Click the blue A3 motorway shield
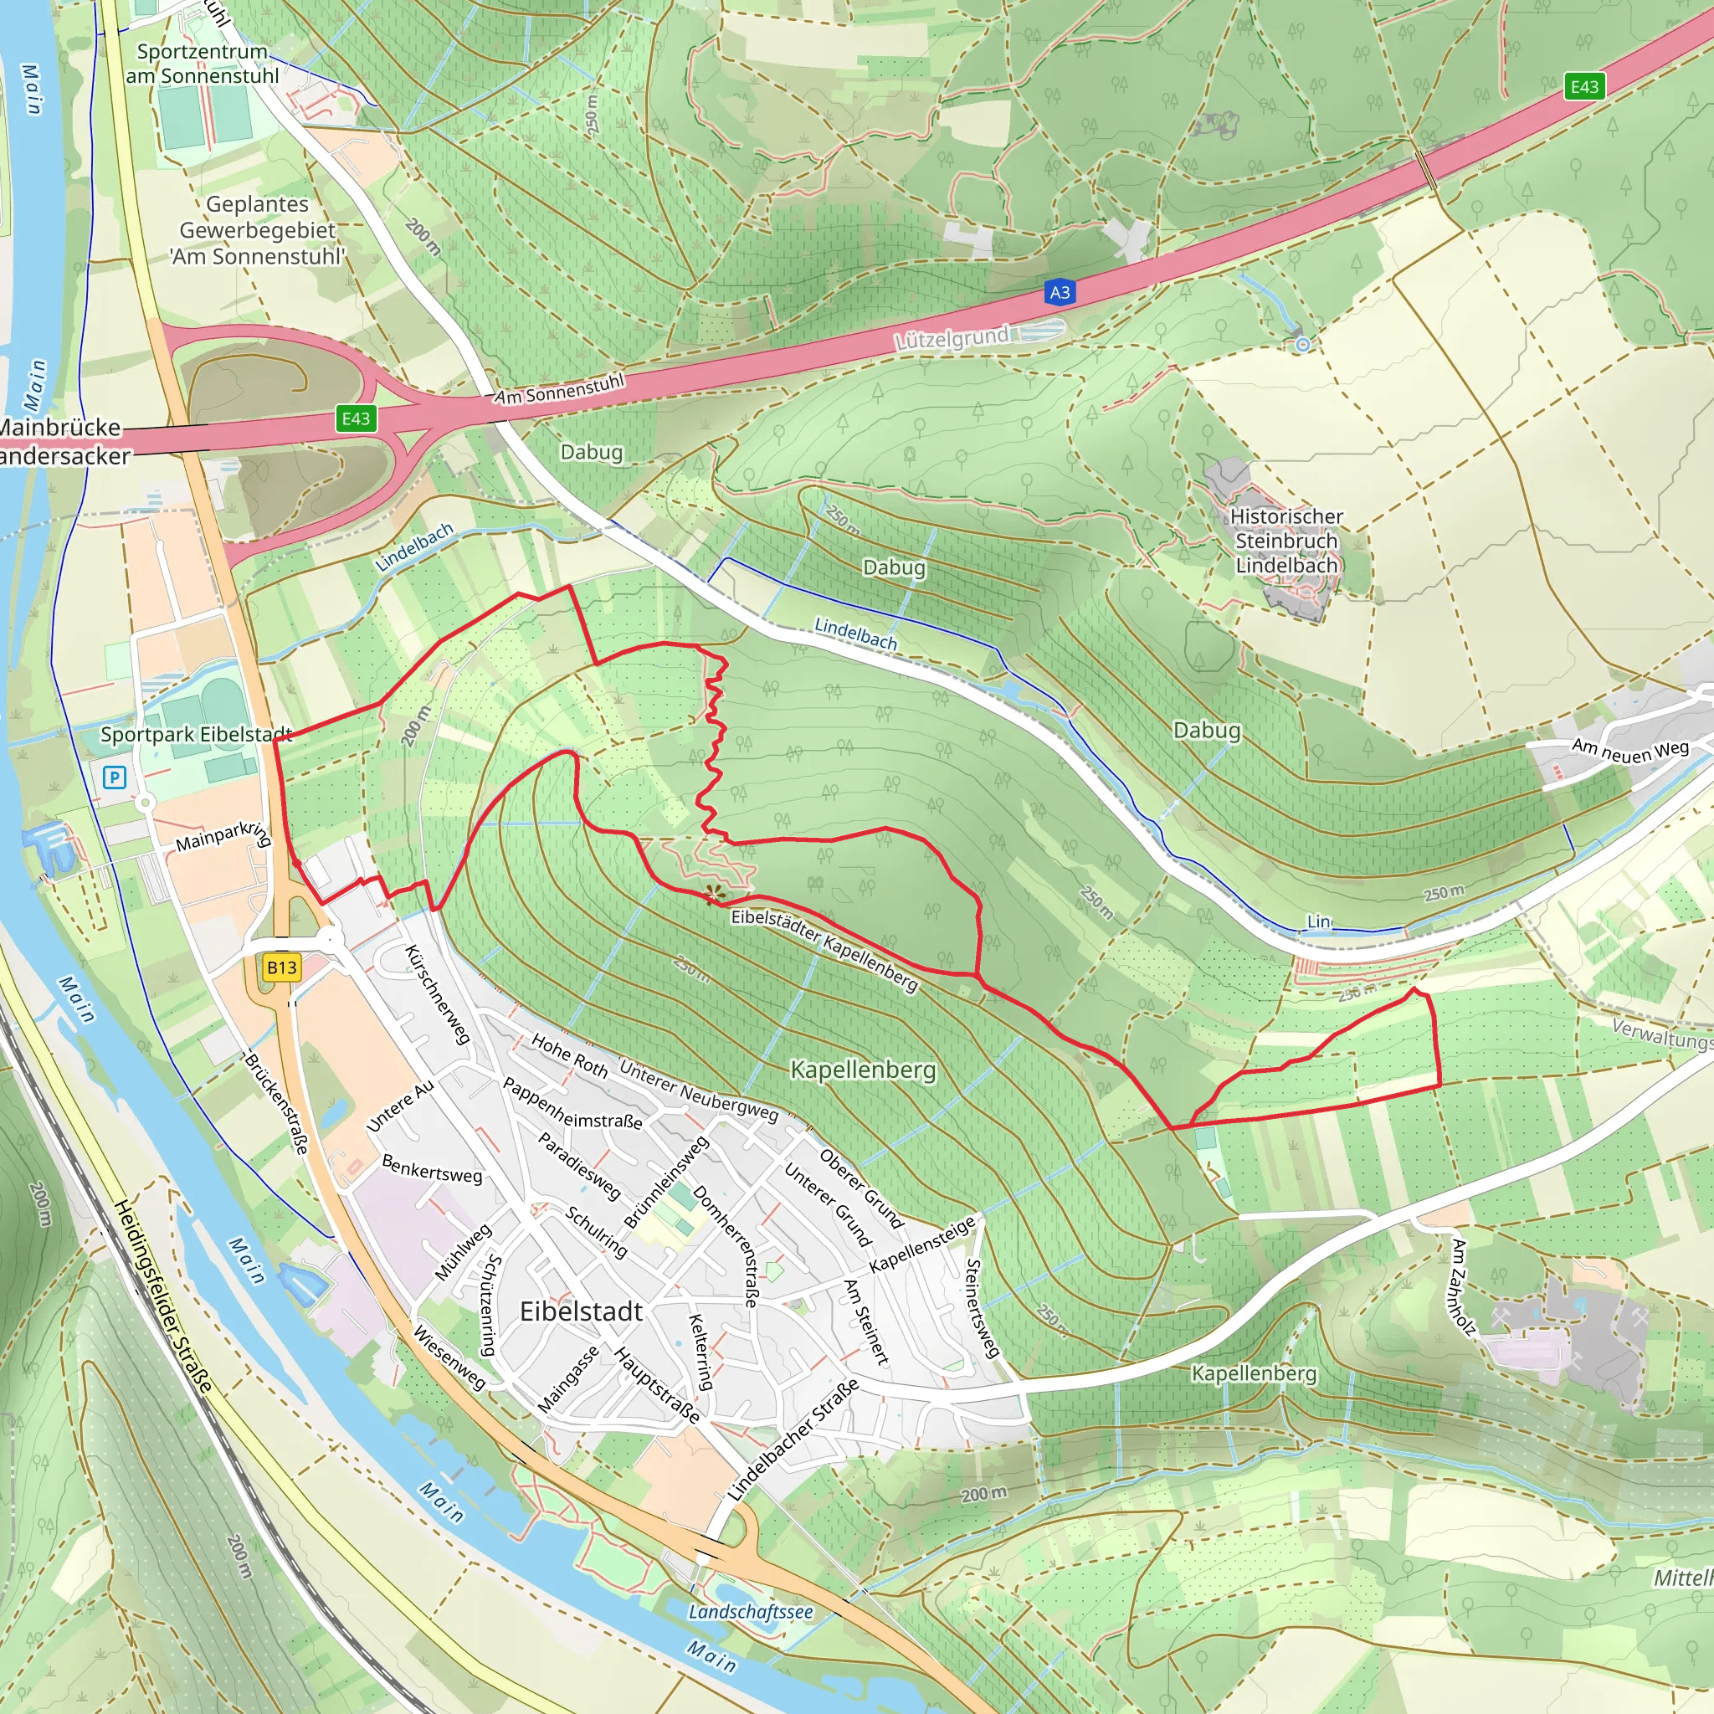(1060, 292)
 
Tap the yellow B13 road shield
(281, 967)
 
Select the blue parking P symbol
(115, 778)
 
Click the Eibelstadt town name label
(581, 1311)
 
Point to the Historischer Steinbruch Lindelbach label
(1286, 541)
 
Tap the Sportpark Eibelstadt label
(196, 735)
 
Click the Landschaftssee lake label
(751, 1612)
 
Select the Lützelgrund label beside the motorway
(952, 338)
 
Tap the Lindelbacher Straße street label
(793, 1439)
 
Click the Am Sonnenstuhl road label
(560, 389)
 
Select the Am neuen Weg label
(1630, 751)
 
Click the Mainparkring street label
(223, 836)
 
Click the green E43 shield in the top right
(1584, 86)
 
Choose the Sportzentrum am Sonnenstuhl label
(203, 64)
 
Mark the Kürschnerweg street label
(437, 994)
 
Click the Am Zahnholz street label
(1462, 1287)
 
